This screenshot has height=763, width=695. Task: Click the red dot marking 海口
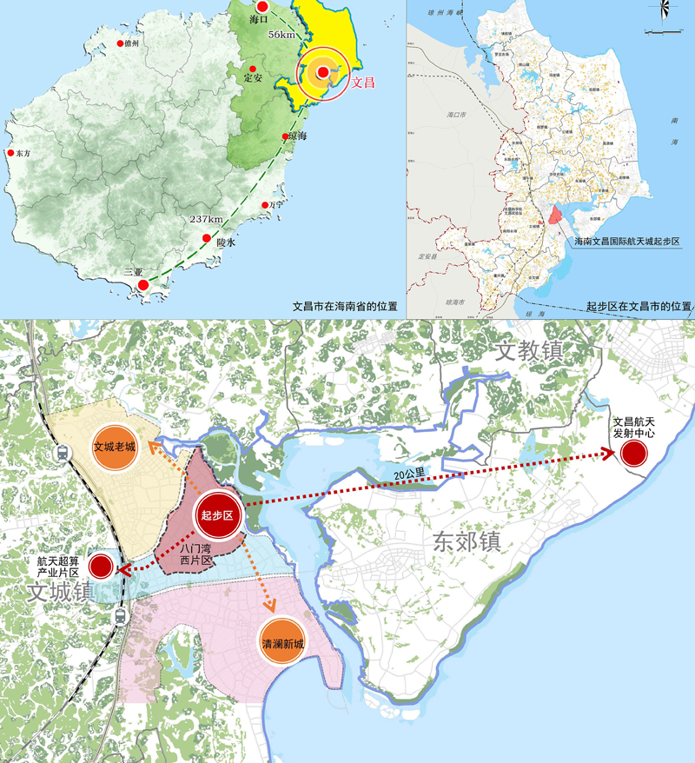(261, 7)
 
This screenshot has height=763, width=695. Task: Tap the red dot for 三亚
(144, 284)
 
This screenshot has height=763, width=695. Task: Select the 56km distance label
(282, 34)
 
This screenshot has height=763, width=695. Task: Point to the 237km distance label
(206, 219)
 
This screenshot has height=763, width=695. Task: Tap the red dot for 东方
(11, 153)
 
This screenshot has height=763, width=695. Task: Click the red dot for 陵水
(206, 239)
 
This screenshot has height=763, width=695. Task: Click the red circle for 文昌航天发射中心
(632, 453)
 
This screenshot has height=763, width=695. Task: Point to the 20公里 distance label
(407, 477)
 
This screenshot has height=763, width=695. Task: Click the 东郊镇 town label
(466, 541)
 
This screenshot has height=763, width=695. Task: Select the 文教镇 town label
(530, 350)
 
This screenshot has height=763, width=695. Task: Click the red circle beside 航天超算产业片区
(102, 566)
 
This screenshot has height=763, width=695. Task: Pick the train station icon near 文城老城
(63, 453)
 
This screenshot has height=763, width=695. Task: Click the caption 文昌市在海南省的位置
(345, 307)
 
